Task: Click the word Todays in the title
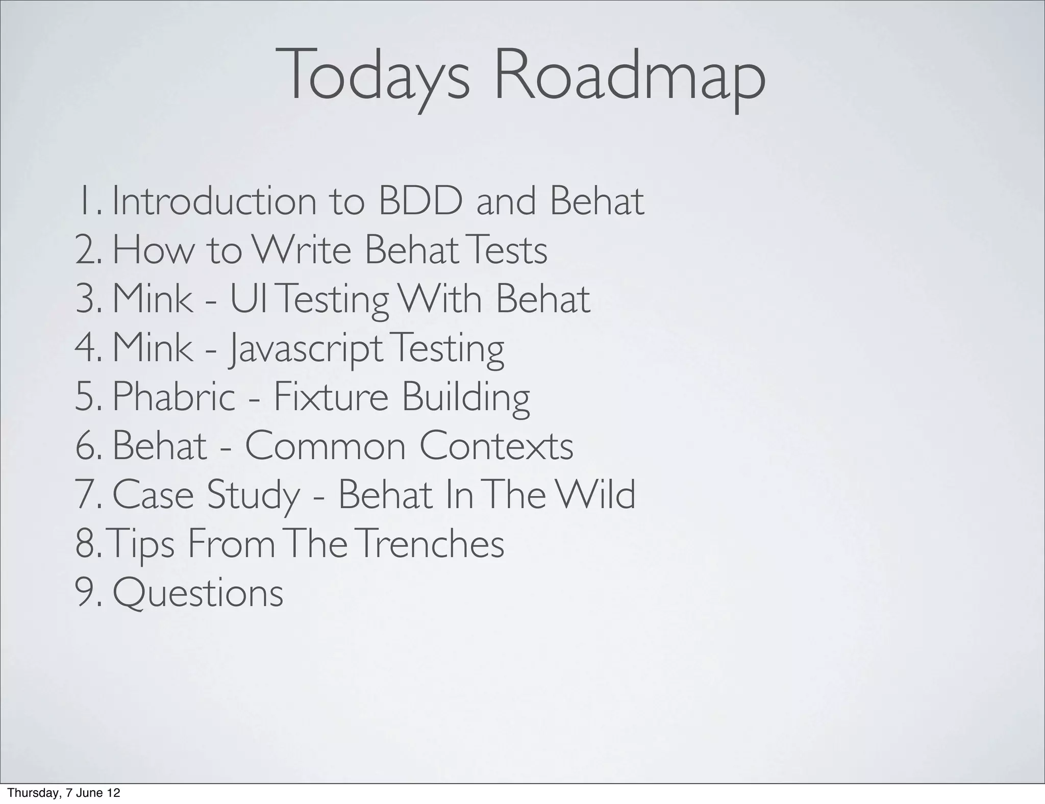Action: (x=372, y=76)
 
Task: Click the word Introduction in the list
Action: (x=214, y=202)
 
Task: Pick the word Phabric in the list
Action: (x=173, y=397)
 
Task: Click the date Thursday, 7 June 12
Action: (x=64, y=793)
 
